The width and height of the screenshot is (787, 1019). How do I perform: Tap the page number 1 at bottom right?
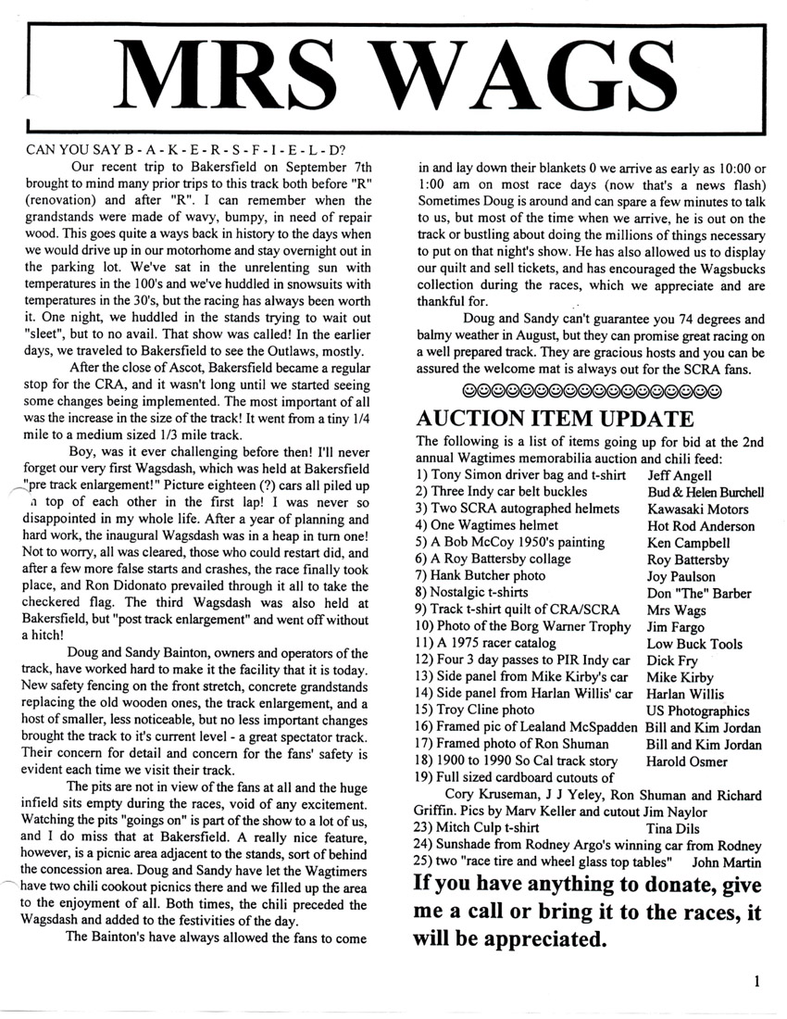756,982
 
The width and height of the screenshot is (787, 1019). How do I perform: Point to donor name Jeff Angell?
681,474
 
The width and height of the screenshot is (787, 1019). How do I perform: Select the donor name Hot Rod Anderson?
701,525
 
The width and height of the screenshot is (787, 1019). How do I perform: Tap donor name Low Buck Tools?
694,643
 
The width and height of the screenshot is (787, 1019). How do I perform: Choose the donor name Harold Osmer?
687,761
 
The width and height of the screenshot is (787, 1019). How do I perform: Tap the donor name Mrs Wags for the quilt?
677,610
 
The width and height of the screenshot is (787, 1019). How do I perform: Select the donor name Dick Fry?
672,660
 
